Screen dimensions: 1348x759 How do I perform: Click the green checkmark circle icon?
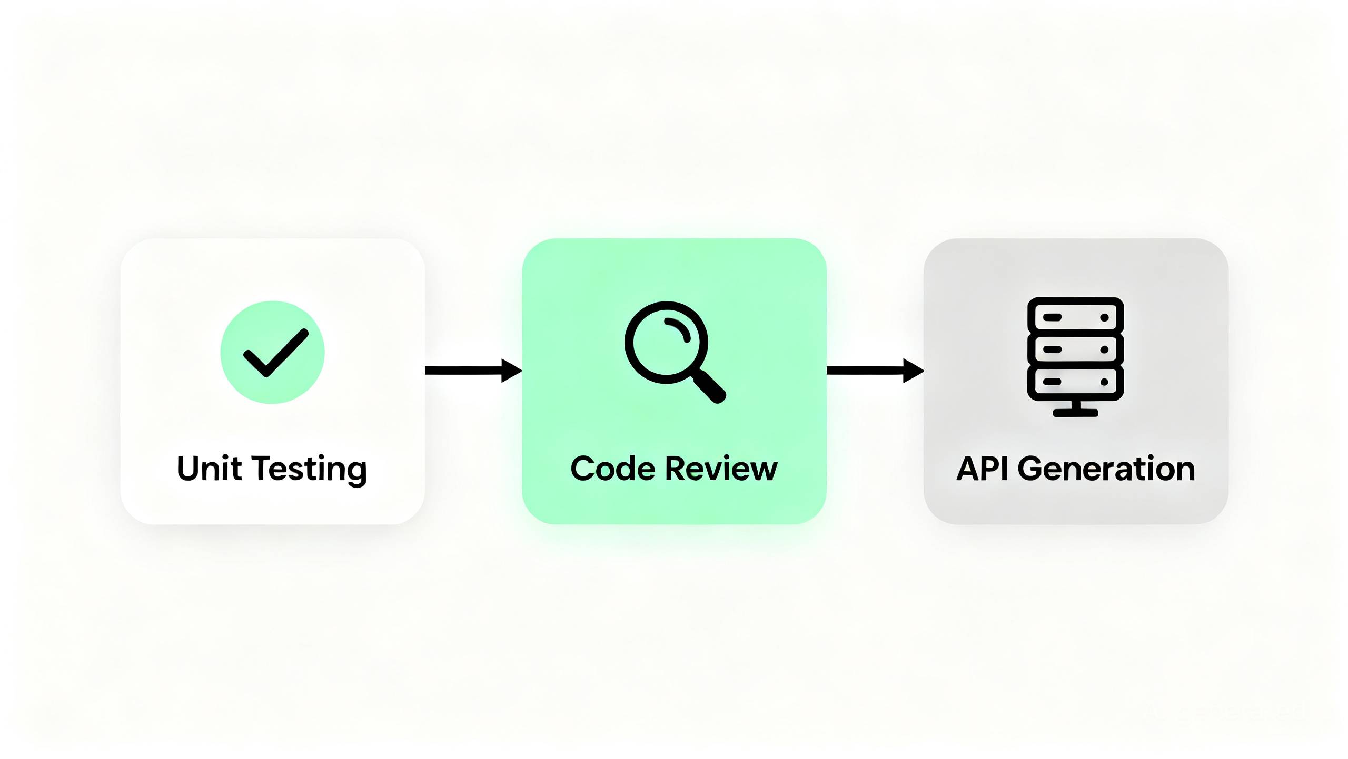pos(272,352)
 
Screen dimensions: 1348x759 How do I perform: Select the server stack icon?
pos(1075,357)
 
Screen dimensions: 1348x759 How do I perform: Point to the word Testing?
pos(309,470)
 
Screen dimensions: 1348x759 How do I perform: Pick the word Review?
pos(721,469)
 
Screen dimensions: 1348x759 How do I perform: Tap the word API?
pos(982,469)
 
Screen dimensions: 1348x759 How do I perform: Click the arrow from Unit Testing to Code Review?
pos(473,371)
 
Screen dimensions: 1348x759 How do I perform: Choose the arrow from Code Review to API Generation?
pos(875,371)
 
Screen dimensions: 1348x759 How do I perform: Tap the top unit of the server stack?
pos(1075,317)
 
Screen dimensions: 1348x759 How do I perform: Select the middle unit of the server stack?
pos(1075,349)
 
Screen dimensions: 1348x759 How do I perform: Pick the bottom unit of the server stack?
pos(1075,382)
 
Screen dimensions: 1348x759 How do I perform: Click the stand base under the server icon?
pos(1075,413)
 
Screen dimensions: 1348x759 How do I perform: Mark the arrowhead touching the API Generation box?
pos(914,371)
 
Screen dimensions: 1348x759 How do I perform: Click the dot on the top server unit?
pos(1104,317)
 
